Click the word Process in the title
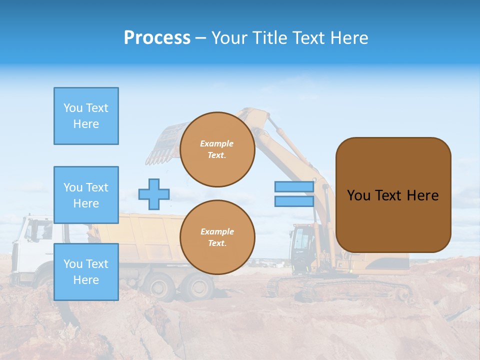click(157, 38)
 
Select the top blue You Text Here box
click(86, 116)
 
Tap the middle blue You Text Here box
click(86, 195)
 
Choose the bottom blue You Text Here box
click(86, 272)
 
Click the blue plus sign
click(154, 194)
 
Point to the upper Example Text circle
click(217, 149)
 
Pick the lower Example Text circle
click(217, 237)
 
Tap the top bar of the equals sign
click(294, 187)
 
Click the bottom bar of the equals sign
click(294, 201)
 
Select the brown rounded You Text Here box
click(393, 195)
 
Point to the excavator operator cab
click(302, 242)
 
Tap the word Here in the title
click(349, 38)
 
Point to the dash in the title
click(200, 38)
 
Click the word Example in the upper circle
click(217, 143)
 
